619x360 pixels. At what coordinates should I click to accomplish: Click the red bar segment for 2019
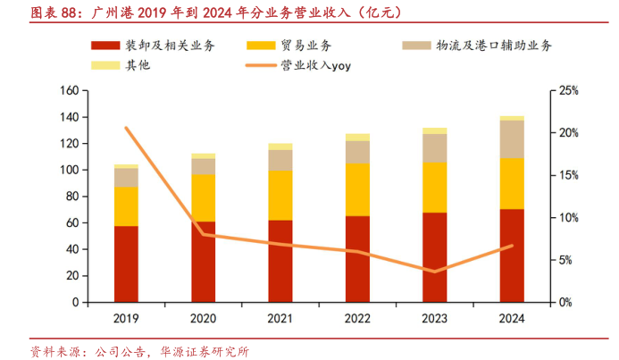pos(126,264)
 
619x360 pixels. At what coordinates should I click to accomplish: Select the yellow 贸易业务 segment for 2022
pos(357,189)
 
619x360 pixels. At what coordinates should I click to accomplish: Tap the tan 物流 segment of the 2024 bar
pos(512,139)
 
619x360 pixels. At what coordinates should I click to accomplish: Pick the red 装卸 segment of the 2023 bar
pos(435,257)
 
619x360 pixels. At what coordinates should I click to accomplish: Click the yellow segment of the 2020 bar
pos(204,197)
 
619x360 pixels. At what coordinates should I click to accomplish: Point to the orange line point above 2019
pos(126,128)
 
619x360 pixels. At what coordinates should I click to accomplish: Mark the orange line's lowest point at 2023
pos(435,272)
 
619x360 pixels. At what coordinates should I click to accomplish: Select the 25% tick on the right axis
pos(569,90)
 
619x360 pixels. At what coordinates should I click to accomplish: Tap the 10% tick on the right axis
pos(569,218)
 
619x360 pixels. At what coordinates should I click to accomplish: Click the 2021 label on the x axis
pos(280,318)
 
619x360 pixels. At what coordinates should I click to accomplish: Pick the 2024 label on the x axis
pos(512,318)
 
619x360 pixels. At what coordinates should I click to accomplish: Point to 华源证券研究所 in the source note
pos(204,350)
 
